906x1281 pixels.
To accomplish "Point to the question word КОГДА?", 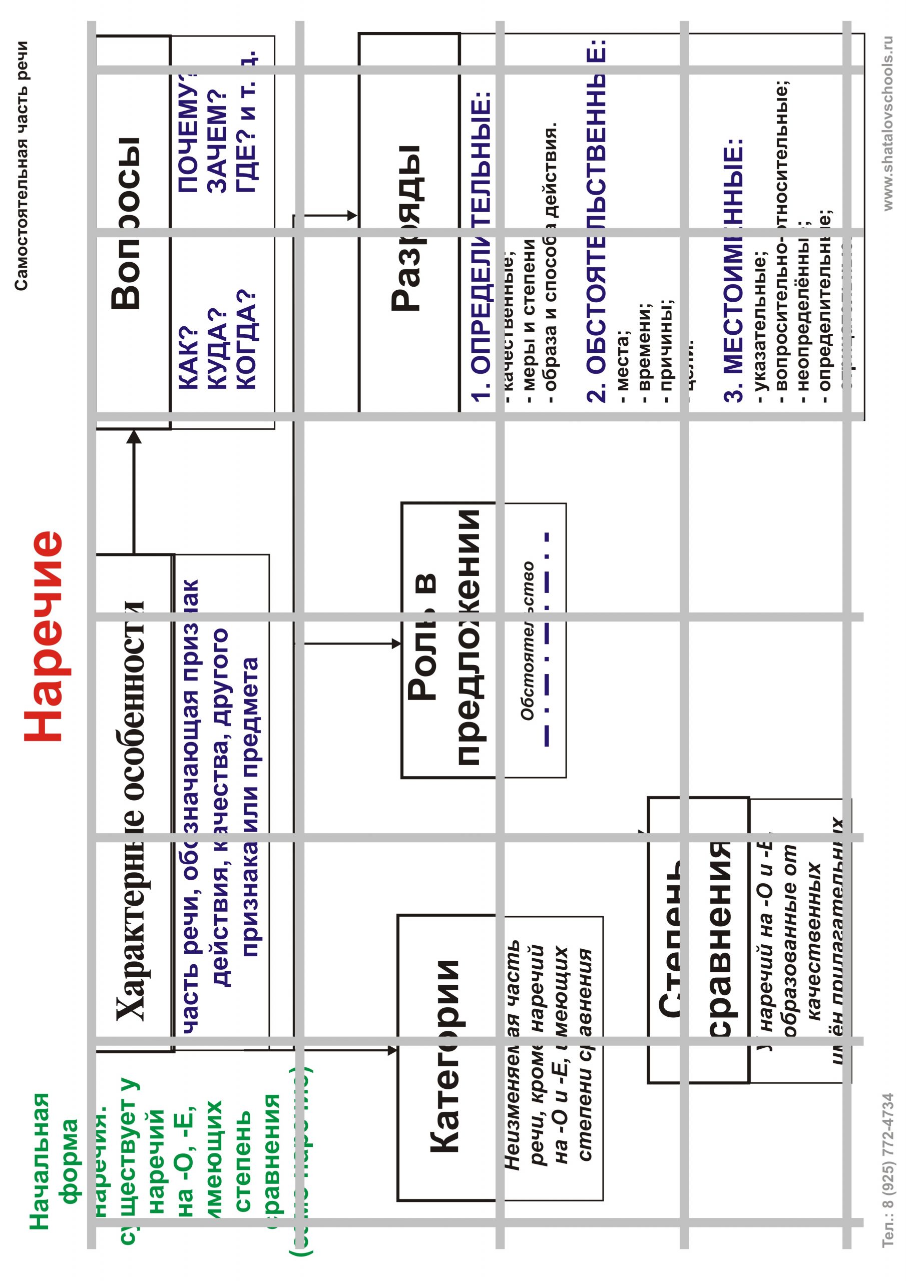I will [246, 340].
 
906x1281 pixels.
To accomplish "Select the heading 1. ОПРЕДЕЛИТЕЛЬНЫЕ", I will [481, 246].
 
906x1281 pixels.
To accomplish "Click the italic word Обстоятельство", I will [528, 641].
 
